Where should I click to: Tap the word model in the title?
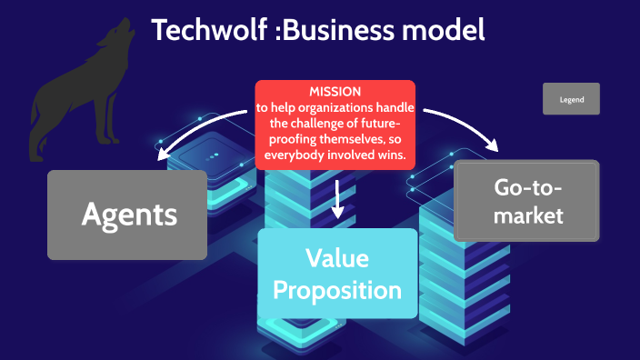tap(444, 29)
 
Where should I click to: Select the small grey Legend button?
tap(571, 99)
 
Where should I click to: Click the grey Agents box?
tap(127, 215)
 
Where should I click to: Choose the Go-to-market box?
tap(528, 201)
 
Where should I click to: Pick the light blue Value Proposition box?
tap(337, 274)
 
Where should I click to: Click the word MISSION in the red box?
tap(335, 92)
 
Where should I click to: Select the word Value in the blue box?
tap(337, 258)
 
